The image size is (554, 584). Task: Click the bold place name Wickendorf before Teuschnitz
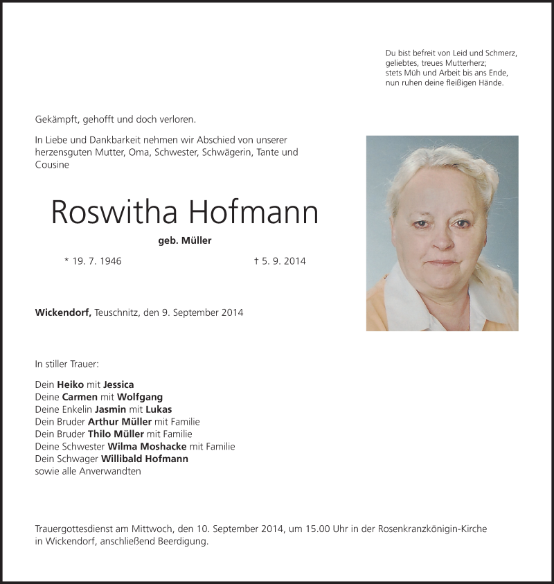click(62, 312)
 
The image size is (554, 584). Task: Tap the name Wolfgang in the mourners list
click(140, 397)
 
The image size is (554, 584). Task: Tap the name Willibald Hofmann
click(144, 459)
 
